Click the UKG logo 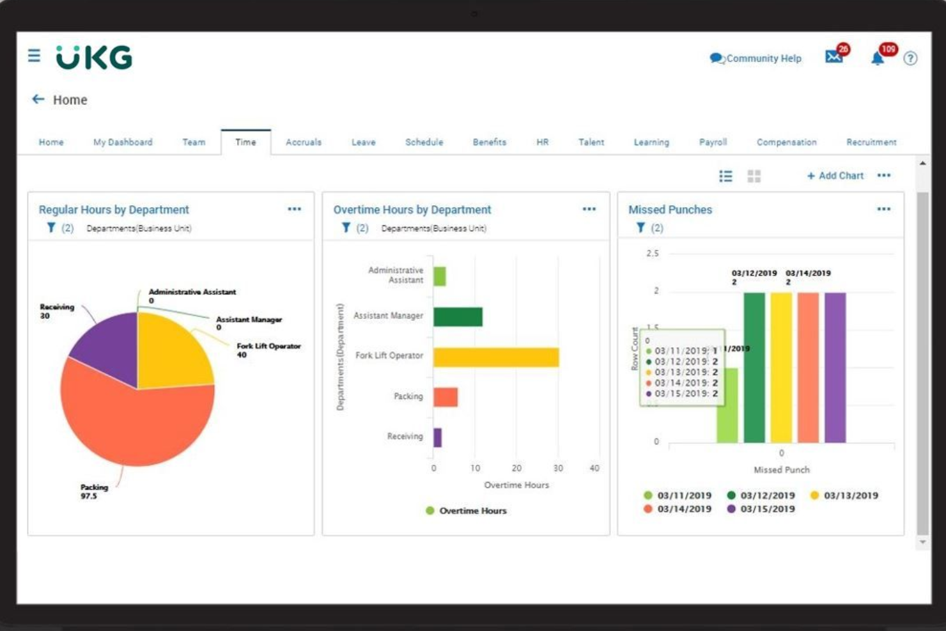(x=94, y=58)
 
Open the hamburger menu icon (x=34, y=56)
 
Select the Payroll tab (x=713, y=142)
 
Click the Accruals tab (x=303, y=142)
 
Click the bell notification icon (x=878, y=59)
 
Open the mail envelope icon (x=834, y=57)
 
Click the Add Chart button (x=835, y=176)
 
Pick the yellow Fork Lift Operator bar (x=496, y=357)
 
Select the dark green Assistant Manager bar (x=458, y=316)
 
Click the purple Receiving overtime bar (x=437, y=438)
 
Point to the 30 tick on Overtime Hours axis (x=558, y=468)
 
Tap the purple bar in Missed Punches (x=835, y=368)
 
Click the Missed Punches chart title (x=670, y=210)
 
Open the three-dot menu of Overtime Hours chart (x=589, y=209)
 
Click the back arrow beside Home (x=38, y=99)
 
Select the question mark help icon (x=910, y=59)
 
